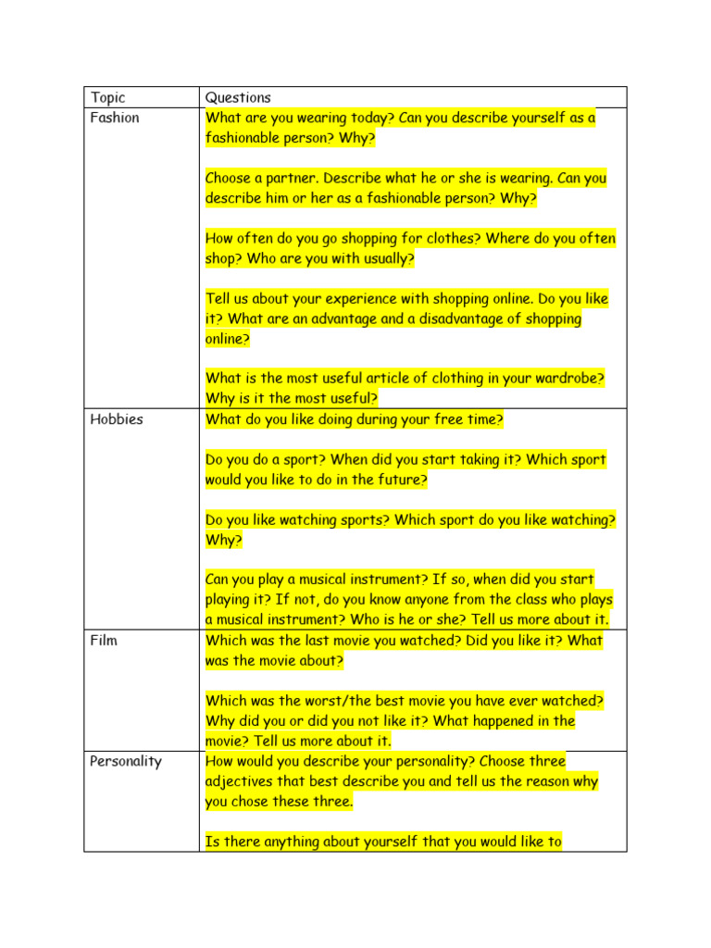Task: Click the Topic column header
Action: pos(107,97)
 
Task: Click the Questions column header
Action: pos(238,97)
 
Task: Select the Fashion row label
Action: pos(115,118)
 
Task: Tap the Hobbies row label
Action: pos(117,419)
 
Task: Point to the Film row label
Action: pos(104,640)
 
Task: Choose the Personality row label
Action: pos(126,761)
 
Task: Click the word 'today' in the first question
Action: pos(368,118)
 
